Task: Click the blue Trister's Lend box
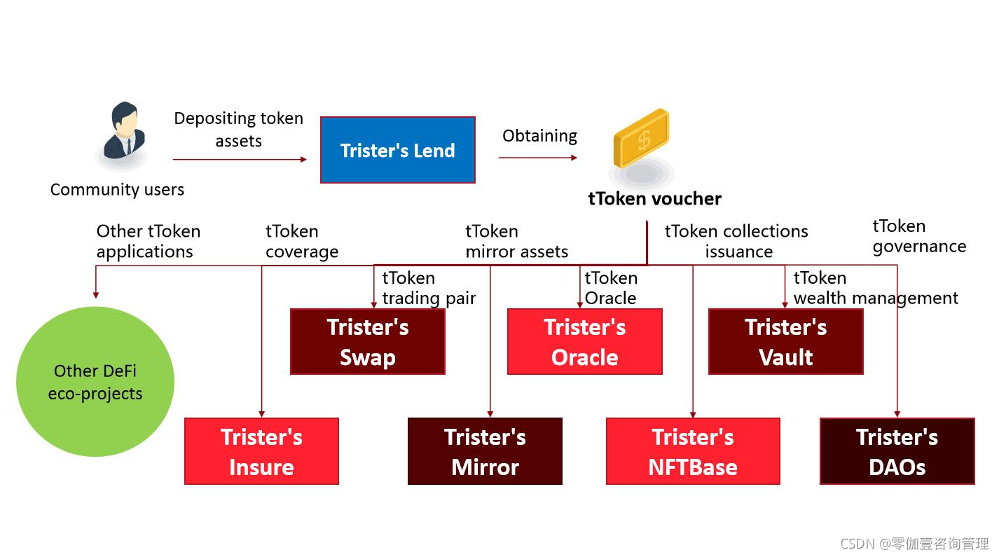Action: point(398,150)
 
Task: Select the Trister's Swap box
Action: point(368,342)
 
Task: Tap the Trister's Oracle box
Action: point(585,342)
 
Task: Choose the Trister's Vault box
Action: point(786,342)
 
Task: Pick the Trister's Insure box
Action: point(262,451)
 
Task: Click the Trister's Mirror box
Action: point(485,451)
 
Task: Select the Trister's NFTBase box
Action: point(693,451)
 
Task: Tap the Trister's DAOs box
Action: point(897,451)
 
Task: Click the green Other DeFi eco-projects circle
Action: point(95,382)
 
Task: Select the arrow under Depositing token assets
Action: point(240,159)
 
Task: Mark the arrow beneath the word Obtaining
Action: point(538,158)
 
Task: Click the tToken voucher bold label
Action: point(655,199)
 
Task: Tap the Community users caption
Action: point(117,190)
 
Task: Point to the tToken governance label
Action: point(919,236)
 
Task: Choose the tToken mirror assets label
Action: point(517,241)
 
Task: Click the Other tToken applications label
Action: point(149,241)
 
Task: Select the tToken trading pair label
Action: point(429,288)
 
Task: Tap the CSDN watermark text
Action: point(914,544)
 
